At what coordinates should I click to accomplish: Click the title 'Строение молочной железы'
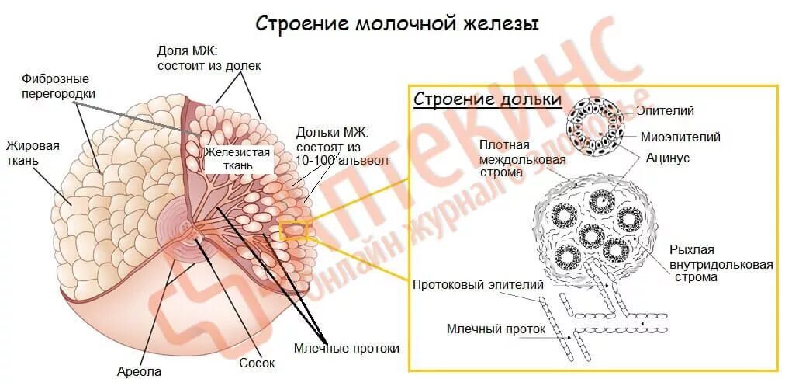click(x=397, y=23)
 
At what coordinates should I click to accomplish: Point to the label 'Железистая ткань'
click(x=237, y=158)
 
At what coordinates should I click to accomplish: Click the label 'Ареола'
click(x=139, y=371)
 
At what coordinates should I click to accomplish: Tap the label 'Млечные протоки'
click(x=347, y=348)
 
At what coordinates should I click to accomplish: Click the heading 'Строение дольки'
click(x=487, y=99)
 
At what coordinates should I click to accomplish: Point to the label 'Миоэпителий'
click(x=680, y=137)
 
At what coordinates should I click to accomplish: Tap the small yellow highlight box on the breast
click(x=293, y=231)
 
